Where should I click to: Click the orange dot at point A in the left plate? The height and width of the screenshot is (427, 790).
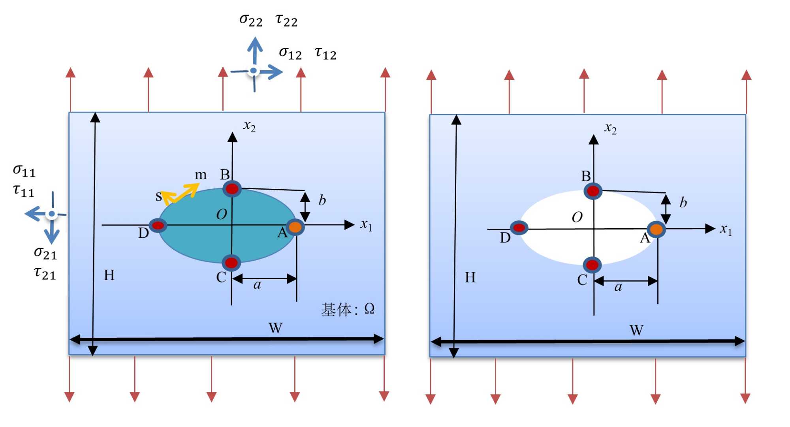pyautogui.click(x=295, y=227)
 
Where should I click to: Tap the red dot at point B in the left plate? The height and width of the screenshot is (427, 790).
pyautogui.click(x=232, y=189)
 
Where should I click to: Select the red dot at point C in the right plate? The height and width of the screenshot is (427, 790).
pyautogui.click(x=592, y=265)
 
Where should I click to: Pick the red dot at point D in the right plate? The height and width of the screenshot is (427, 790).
pyautogui.click(x=519, y=228)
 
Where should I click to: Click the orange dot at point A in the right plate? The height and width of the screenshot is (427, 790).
pyautogui.click(x=656, y=229)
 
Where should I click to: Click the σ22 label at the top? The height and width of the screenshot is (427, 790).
pyautogui.click(x=251, y=20)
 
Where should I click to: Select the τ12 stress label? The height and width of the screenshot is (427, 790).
pyautogui.click(x=325, y=53)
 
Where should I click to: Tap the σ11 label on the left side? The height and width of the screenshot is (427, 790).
pyautogui.click(x=24, y=171)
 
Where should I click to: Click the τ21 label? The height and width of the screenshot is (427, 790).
pyautogui.click(x=45, y=273)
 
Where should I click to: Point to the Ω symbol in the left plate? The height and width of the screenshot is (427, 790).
pyautogui.click(x=369, y=308)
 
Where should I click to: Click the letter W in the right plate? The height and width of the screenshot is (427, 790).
pyautogui.click(x=636, y=330)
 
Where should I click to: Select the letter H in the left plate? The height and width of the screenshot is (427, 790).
pyautogui.click(x=109, y=275)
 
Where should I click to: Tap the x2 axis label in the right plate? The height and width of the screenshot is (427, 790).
pyautogui.click(x=610, y=128)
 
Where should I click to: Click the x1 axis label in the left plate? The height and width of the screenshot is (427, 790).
pyautogui.click(x=366, y=225)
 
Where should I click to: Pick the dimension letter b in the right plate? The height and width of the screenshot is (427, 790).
pyautogui.click(x=683, y=203)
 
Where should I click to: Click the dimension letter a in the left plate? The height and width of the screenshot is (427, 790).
pyautogui.click(x=257, y=285)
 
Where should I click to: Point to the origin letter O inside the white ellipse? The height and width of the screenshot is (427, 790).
pyautogui.click(x=577, y=217)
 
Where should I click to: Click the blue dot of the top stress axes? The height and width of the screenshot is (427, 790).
pyautogui.click(x=254, y=71)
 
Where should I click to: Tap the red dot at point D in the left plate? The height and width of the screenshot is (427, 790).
pyautogui.click(x=158, y=226)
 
